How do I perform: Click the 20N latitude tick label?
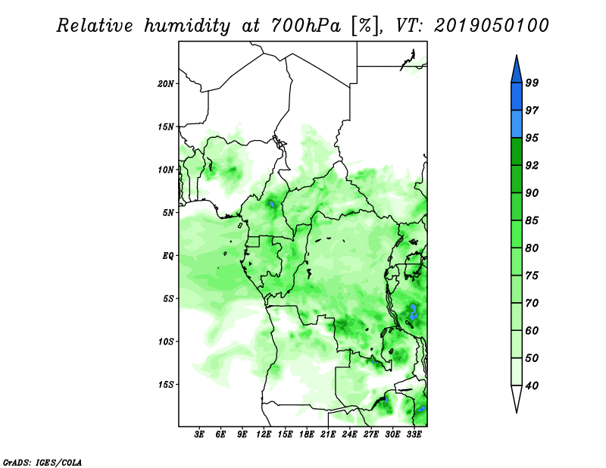coord(166,84)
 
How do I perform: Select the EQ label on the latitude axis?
coord(167,256)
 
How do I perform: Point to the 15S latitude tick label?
coord(166,385)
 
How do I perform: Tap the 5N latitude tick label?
coord(168,213)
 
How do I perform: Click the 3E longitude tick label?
coord(199,435)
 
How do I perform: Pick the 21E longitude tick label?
coord(328,435)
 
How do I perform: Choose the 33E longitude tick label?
coord(414,435)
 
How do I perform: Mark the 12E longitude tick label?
coord(264,435)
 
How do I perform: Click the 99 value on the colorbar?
coord(532,83)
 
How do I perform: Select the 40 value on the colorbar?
coord(532,385)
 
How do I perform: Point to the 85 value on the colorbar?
coord(532,220)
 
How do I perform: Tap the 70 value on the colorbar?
coord(532,303)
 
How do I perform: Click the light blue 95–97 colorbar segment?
coord(517,124)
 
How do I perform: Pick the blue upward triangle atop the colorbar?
coord(517,70)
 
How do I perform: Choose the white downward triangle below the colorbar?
coord(517,399)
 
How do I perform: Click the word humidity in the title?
coord(187,26)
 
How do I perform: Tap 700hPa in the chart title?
coord(305,26)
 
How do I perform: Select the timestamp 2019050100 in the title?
coord(491,26)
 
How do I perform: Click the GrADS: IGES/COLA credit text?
coord(42,463)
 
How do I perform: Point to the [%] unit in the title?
coord(364,26)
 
